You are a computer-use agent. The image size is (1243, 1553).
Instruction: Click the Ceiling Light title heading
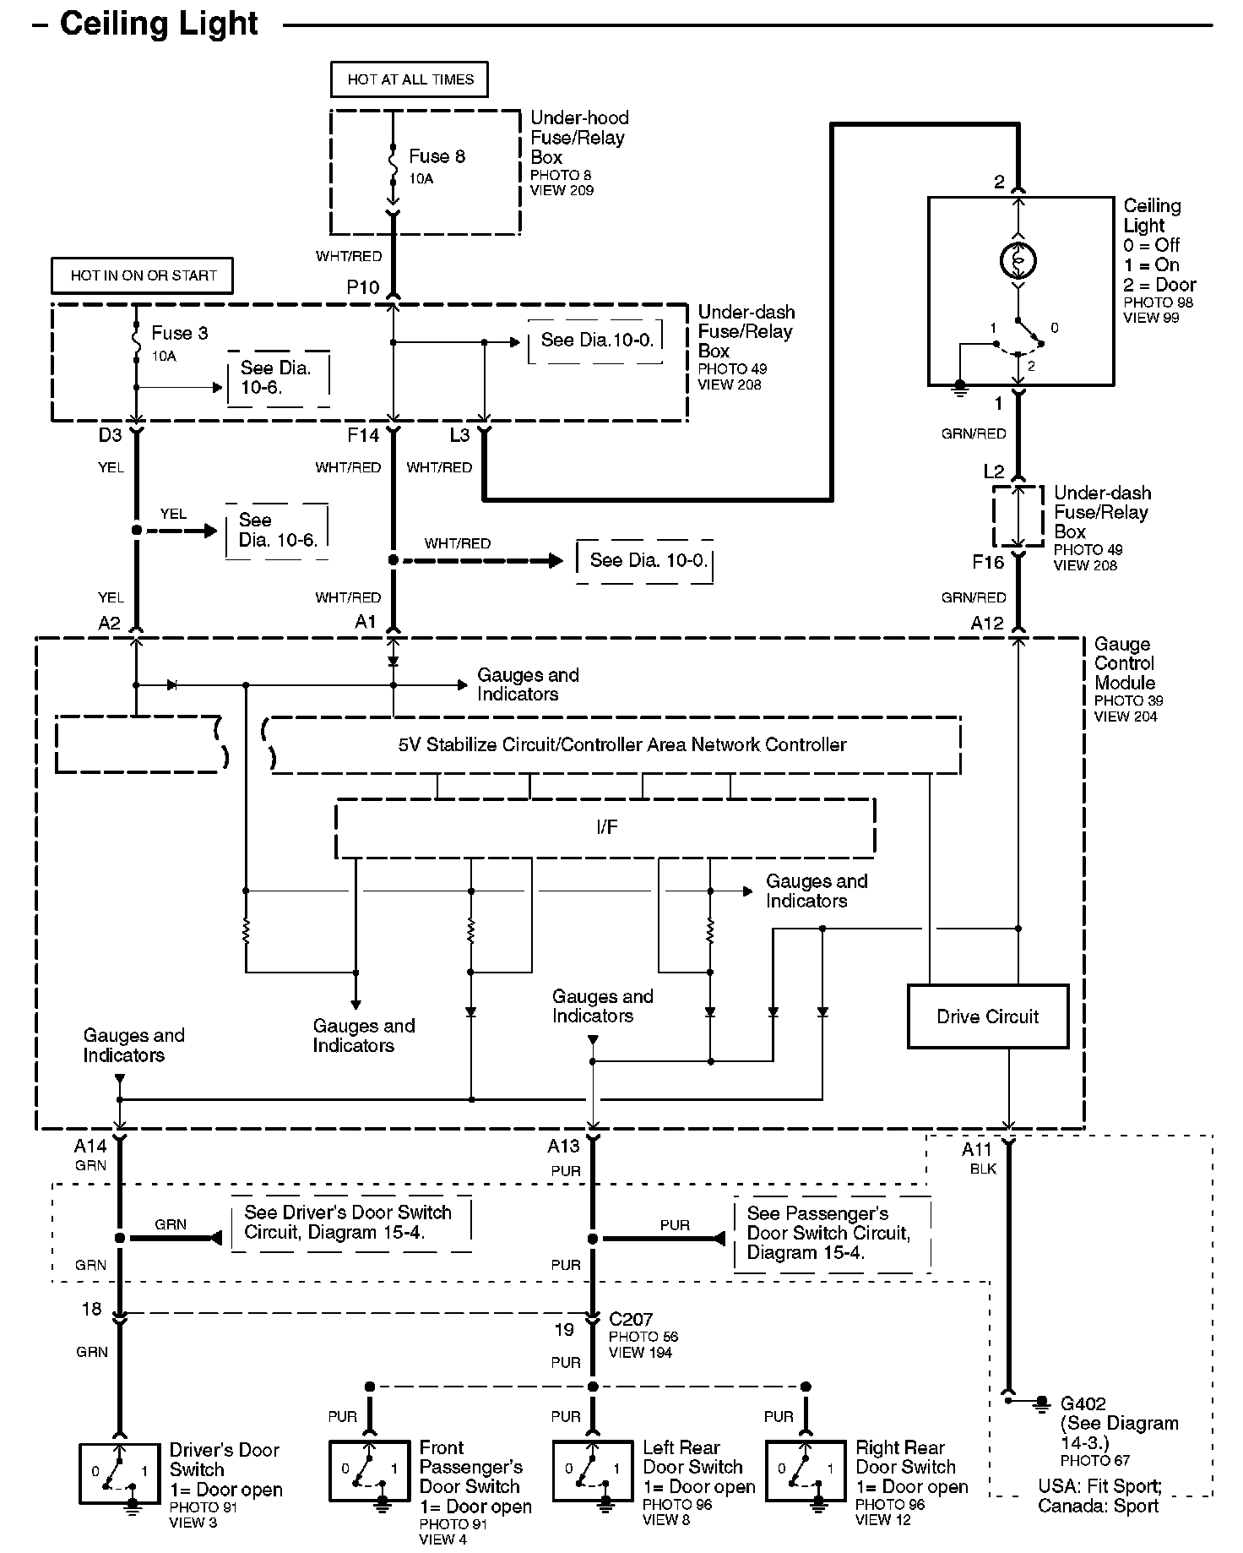pos(159,24)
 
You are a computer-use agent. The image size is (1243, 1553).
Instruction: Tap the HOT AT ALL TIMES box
pos(410,79)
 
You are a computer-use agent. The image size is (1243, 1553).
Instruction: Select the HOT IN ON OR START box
pos(143,275)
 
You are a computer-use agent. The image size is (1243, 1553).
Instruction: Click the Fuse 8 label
pos(437,156)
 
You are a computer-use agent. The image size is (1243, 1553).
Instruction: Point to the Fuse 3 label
pos(179,333)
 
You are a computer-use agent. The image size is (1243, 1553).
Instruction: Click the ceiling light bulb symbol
pos(1018,261)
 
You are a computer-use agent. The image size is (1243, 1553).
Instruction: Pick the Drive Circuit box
pos(987,1016)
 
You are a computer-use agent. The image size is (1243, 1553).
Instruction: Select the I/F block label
pos(606,827)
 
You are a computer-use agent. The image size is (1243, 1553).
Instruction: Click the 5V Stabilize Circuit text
pos(622,744)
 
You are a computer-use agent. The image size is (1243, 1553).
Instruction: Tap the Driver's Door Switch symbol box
pos(119,1473)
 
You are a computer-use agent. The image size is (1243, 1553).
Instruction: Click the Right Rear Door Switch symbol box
pos(806,1473)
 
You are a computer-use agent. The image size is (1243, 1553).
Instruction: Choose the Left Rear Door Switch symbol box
pos(593,1473)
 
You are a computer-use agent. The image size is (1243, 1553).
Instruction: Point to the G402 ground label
pos(1083,1403)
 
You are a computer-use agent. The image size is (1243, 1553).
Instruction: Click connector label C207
pos(631,1319)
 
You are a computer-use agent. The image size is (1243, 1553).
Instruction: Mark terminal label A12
pos(987,624)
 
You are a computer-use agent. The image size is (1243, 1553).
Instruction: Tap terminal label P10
pos(363,287)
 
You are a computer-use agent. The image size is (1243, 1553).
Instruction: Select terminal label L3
pos(459,435)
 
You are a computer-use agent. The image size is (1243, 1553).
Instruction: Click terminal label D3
pos(110,435)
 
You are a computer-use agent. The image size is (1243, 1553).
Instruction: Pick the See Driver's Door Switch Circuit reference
pos(348,1222)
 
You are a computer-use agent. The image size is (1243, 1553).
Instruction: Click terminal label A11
pos(977,1149)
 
